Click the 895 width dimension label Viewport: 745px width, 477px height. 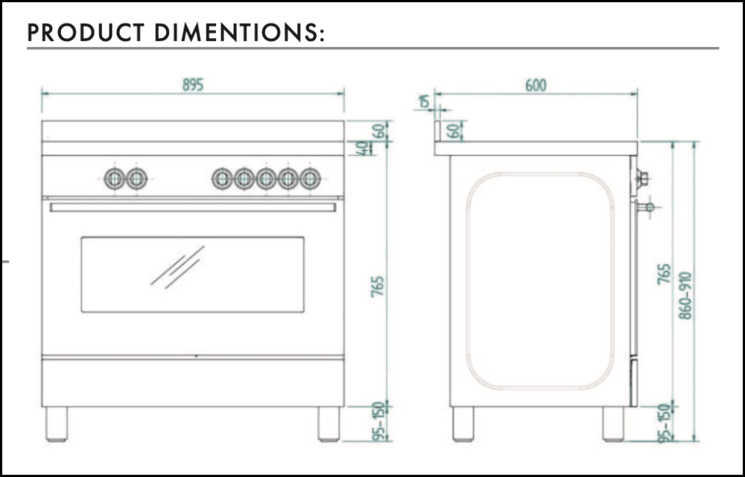pyautogui.click(x=193, y=85)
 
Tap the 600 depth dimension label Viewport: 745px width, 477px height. pyautogui.click(x=536, y=86)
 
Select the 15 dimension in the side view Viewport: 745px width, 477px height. pyautogui.click(x=423, y=101)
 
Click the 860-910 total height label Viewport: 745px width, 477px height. pyautogui.click(x=685, y=295)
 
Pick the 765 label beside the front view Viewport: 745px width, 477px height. pyautogui.click(x=377, y=286)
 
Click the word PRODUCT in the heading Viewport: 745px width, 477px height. pyautogui.click(x=86, y=33)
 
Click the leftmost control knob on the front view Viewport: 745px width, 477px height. pyautogui.click(x=115, y=179)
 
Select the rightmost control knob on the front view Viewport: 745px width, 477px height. pyautogui.click(x=310, y=179)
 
